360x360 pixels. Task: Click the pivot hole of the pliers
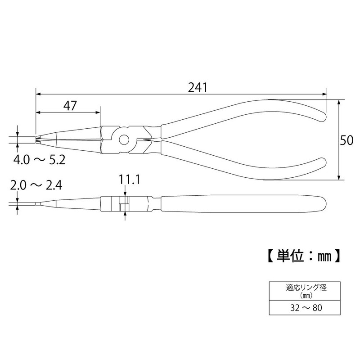(x=123, y=139)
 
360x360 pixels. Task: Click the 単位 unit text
(x=288, y=256)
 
